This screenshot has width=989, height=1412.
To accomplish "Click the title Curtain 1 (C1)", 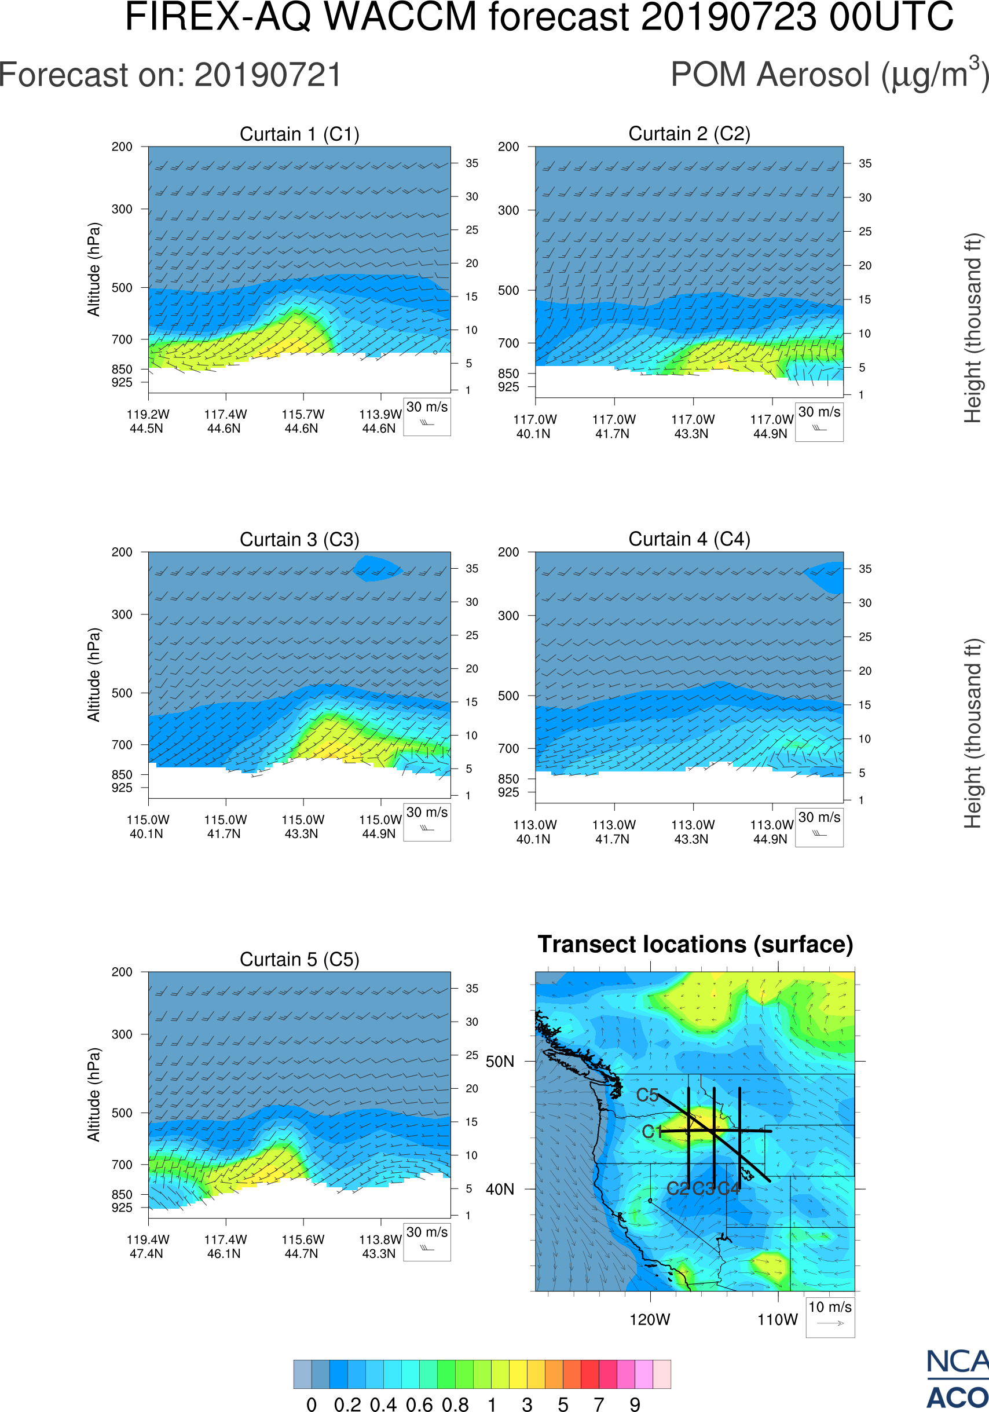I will coord(299,134).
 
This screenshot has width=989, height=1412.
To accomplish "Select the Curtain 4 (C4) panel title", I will coord(689,539).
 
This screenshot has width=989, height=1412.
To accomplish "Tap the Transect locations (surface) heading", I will coord(695,944).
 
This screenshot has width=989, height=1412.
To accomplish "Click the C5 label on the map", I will coord(647,1095).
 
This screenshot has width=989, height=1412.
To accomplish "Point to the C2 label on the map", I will coord(678,1188).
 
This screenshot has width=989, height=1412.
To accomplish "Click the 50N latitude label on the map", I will coord(500,1062).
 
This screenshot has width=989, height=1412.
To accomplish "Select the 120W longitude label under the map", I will coord(650,1320).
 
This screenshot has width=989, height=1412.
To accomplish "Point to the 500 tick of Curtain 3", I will coord(122,693).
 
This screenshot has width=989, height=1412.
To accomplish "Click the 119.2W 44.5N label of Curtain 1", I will coord(148,421).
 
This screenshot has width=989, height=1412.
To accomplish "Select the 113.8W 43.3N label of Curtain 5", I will coord(379,1246).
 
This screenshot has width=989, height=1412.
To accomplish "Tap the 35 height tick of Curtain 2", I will coord(865,163).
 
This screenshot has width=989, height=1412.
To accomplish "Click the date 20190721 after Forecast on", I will coord(268,75).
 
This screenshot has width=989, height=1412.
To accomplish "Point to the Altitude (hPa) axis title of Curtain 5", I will coord(93,1095).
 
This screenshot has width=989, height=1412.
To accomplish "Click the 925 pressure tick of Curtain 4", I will coord(508,793).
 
